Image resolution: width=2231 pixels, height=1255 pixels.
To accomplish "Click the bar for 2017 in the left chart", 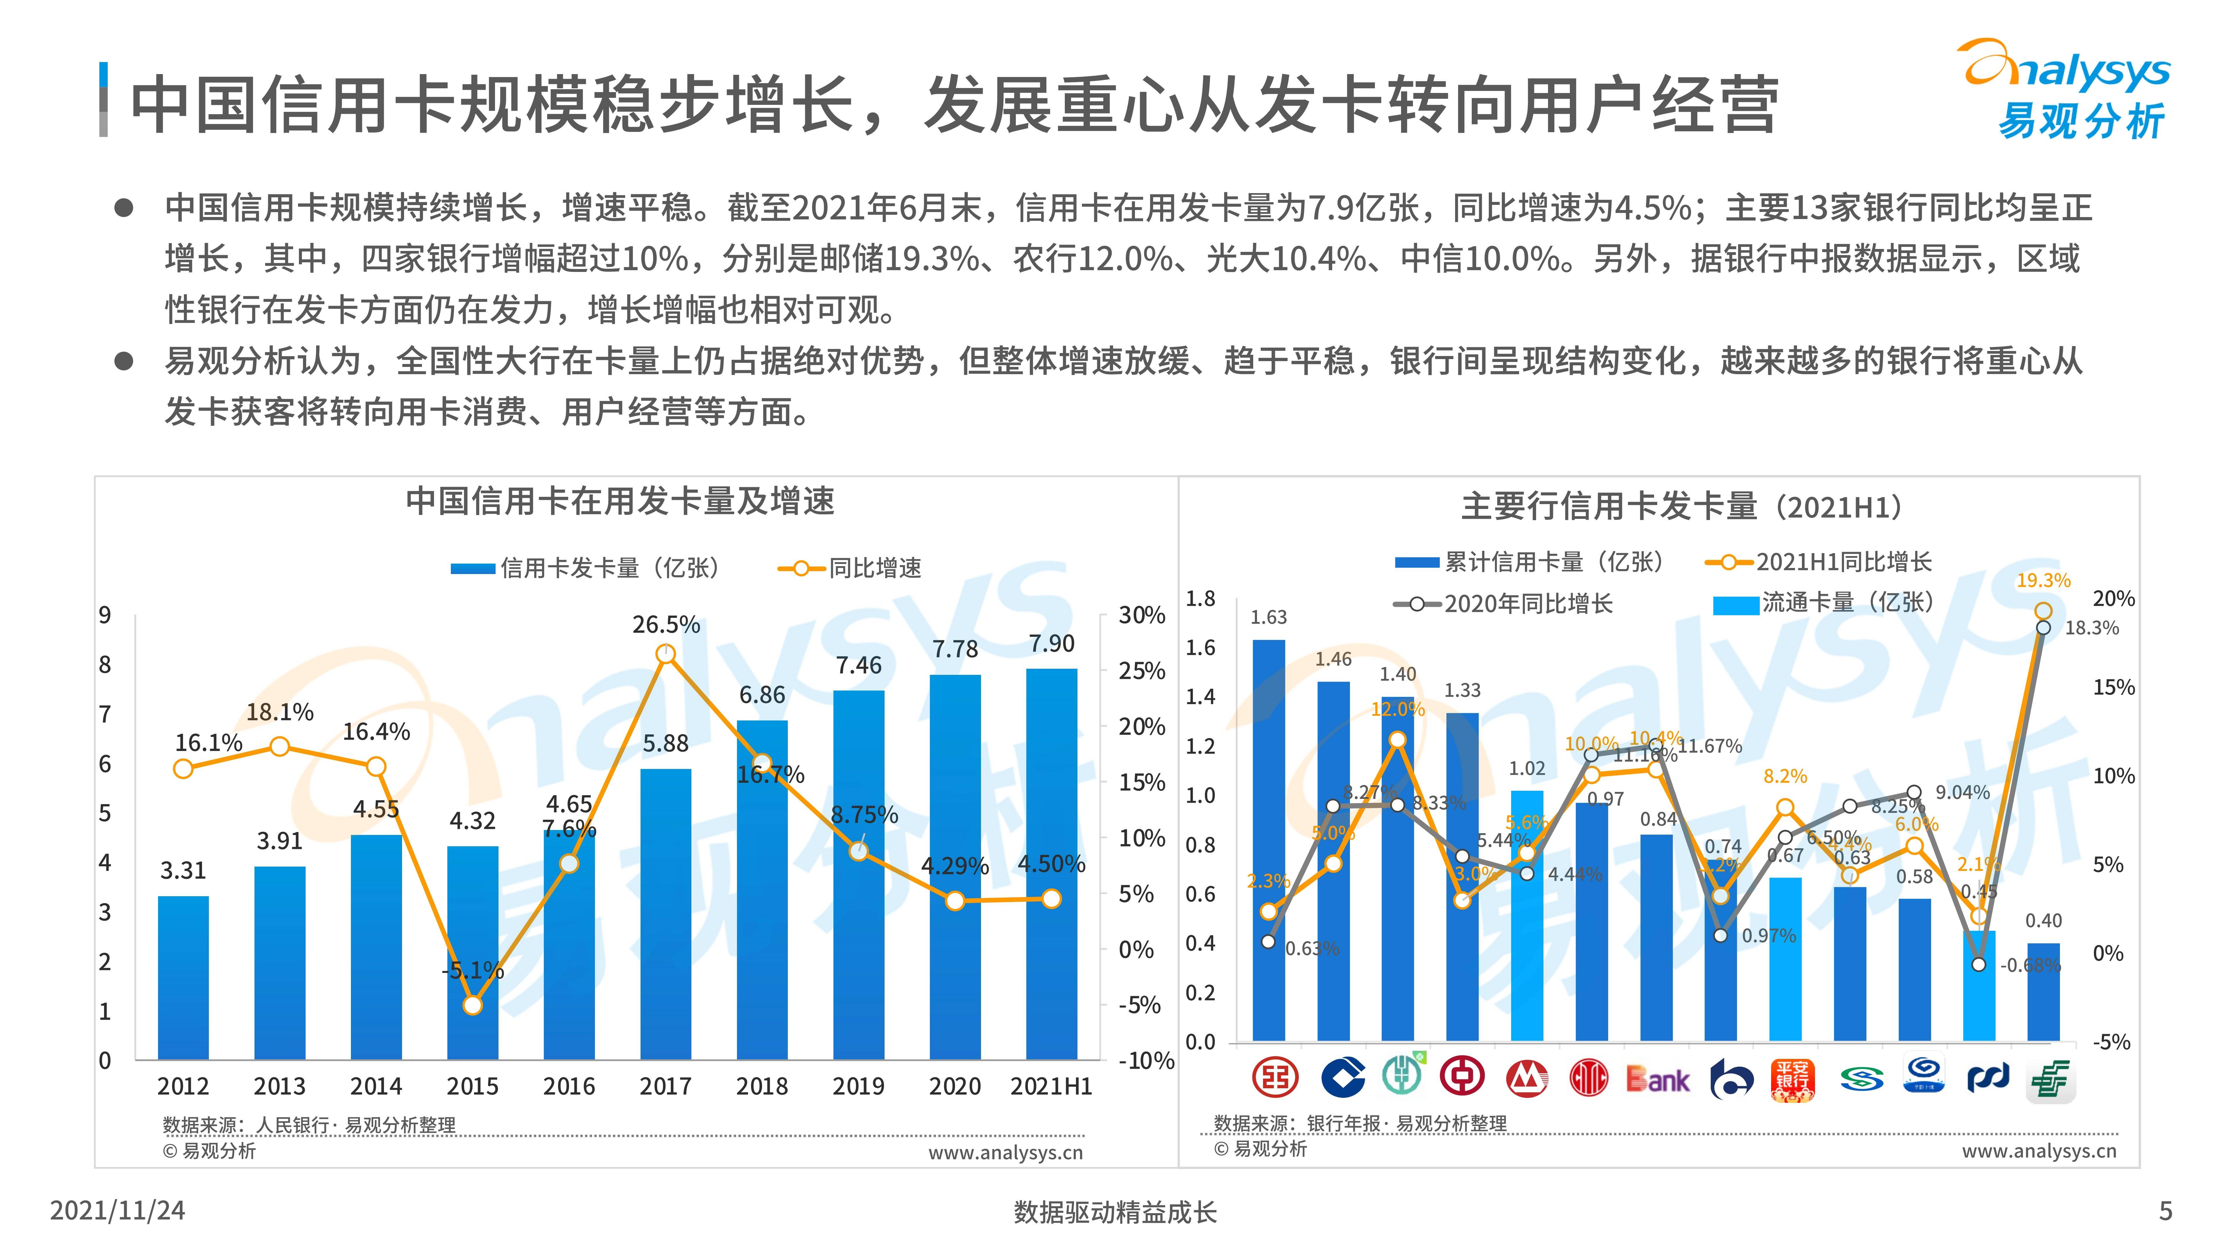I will tap(665, 914).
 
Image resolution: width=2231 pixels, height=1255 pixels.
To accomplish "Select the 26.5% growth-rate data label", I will tap(665, 625).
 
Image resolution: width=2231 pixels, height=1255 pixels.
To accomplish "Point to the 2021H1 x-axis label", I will tap(1050, 1086).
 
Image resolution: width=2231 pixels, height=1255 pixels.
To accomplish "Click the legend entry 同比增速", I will tap(875, 568).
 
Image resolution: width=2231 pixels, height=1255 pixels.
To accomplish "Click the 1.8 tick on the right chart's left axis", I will tap(1200, 598).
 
